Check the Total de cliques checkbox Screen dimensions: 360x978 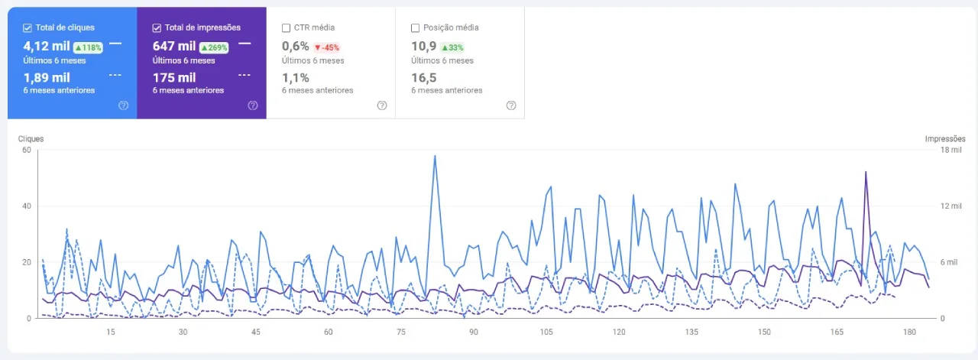pos(28,28)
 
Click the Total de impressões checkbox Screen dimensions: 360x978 pos(157,28)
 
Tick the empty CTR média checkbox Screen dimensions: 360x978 pos(286,28)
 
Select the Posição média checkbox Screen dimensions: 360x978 pos(415,28)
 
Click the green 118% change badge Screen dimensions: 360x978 pos(88,47)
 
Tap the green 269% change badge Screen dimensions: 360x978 pos(215,47)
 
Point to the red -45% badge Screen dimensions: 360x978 pos(326,47)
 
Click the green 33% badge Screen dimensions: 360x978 pos(452,47)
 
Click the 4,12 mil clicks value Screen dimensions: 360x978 pos(47,47)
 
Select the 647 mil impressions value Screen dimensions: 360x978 pos(174,47)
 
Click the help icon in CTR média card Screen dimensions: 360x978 pos(382,105)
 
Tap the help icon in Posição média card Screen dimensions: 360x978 pos(511,105)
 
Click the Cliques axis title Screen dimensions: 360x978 pos(31,139)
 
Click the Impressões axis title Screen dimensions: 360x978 pos(945,139)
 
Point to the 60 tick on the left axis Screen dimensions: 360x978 pos(25,150)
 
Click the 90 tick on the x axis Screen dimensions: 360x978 pos(474,332)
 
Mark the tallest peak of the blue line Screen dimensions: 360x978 pos(435,156)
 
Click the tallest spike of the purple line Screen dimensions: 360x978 pos(866,172)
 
